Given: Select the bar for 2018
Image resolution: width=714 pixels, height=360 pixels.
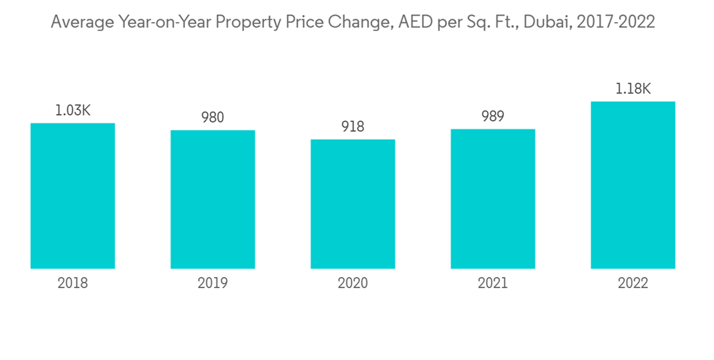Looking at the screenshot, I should pos(73,196).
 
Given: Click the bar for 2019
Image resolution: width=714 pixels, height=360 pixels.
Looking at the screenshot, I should pos(213,199).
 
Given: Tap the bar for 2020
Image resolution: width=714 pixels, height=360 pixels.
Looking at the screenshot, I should pos(353,204).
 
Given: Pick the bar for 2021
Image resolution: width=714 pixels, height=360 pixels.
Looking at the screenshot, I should pos(493,199).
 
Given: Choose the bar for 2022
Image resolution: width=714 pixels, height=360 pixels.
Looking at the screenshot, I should pos(633,185).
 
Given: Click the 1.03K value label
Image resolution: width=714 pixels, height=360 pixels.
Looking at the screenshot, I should pos(73,111).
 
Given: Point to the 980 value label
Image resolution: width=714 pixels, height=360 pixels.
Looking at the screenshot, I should pos(213,118).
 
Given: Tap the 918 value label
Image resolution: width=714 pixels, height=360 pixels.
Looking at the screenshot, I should pos(353,127).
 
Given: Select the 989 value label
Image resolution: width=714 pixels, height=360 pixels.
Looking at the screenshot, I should pos(493,117).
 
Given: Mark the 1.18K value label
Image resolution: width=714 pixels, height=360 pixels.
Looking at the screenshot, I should pos(633,89).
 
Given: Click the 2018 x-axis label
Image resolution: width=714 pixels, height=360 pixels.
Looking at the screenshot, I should pos(73,284).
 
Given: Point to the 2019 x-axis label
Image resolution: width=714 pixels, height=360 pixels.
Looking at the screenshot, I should pos(213,284).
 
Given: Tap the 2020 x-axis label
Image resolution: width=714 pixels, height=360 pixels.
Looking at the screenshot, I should pos(353,284).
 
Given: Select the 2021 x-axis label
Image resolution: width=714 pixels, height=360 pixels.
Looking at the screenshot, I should pos(493,284).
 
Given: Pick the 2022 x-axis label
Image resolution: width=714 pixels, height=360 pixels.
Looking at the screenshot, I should pos(633,284).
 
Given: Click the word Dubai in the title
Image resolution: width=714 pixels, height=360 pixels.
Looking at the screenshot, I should pos(546,22).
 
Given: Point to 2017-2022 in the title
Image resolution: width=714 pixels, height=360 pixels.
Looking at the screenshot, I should pos(615,22).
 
